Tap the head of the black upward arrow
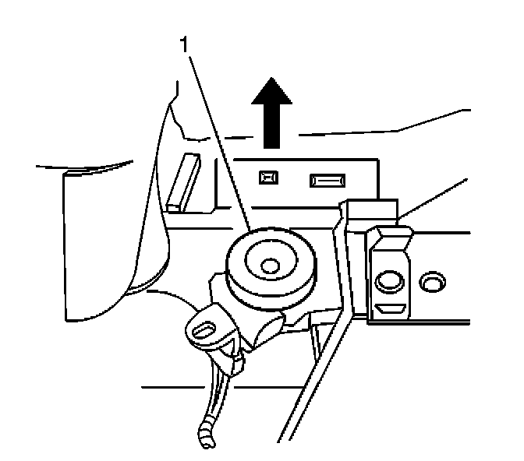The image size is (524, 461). [x=271, y=92]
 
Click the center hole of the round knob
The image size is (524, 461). [x=270, y=266]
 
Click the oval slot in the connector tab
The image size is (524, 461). [x=201, y=329]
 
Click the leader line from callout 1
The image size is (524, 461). [x=218, y=140]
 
